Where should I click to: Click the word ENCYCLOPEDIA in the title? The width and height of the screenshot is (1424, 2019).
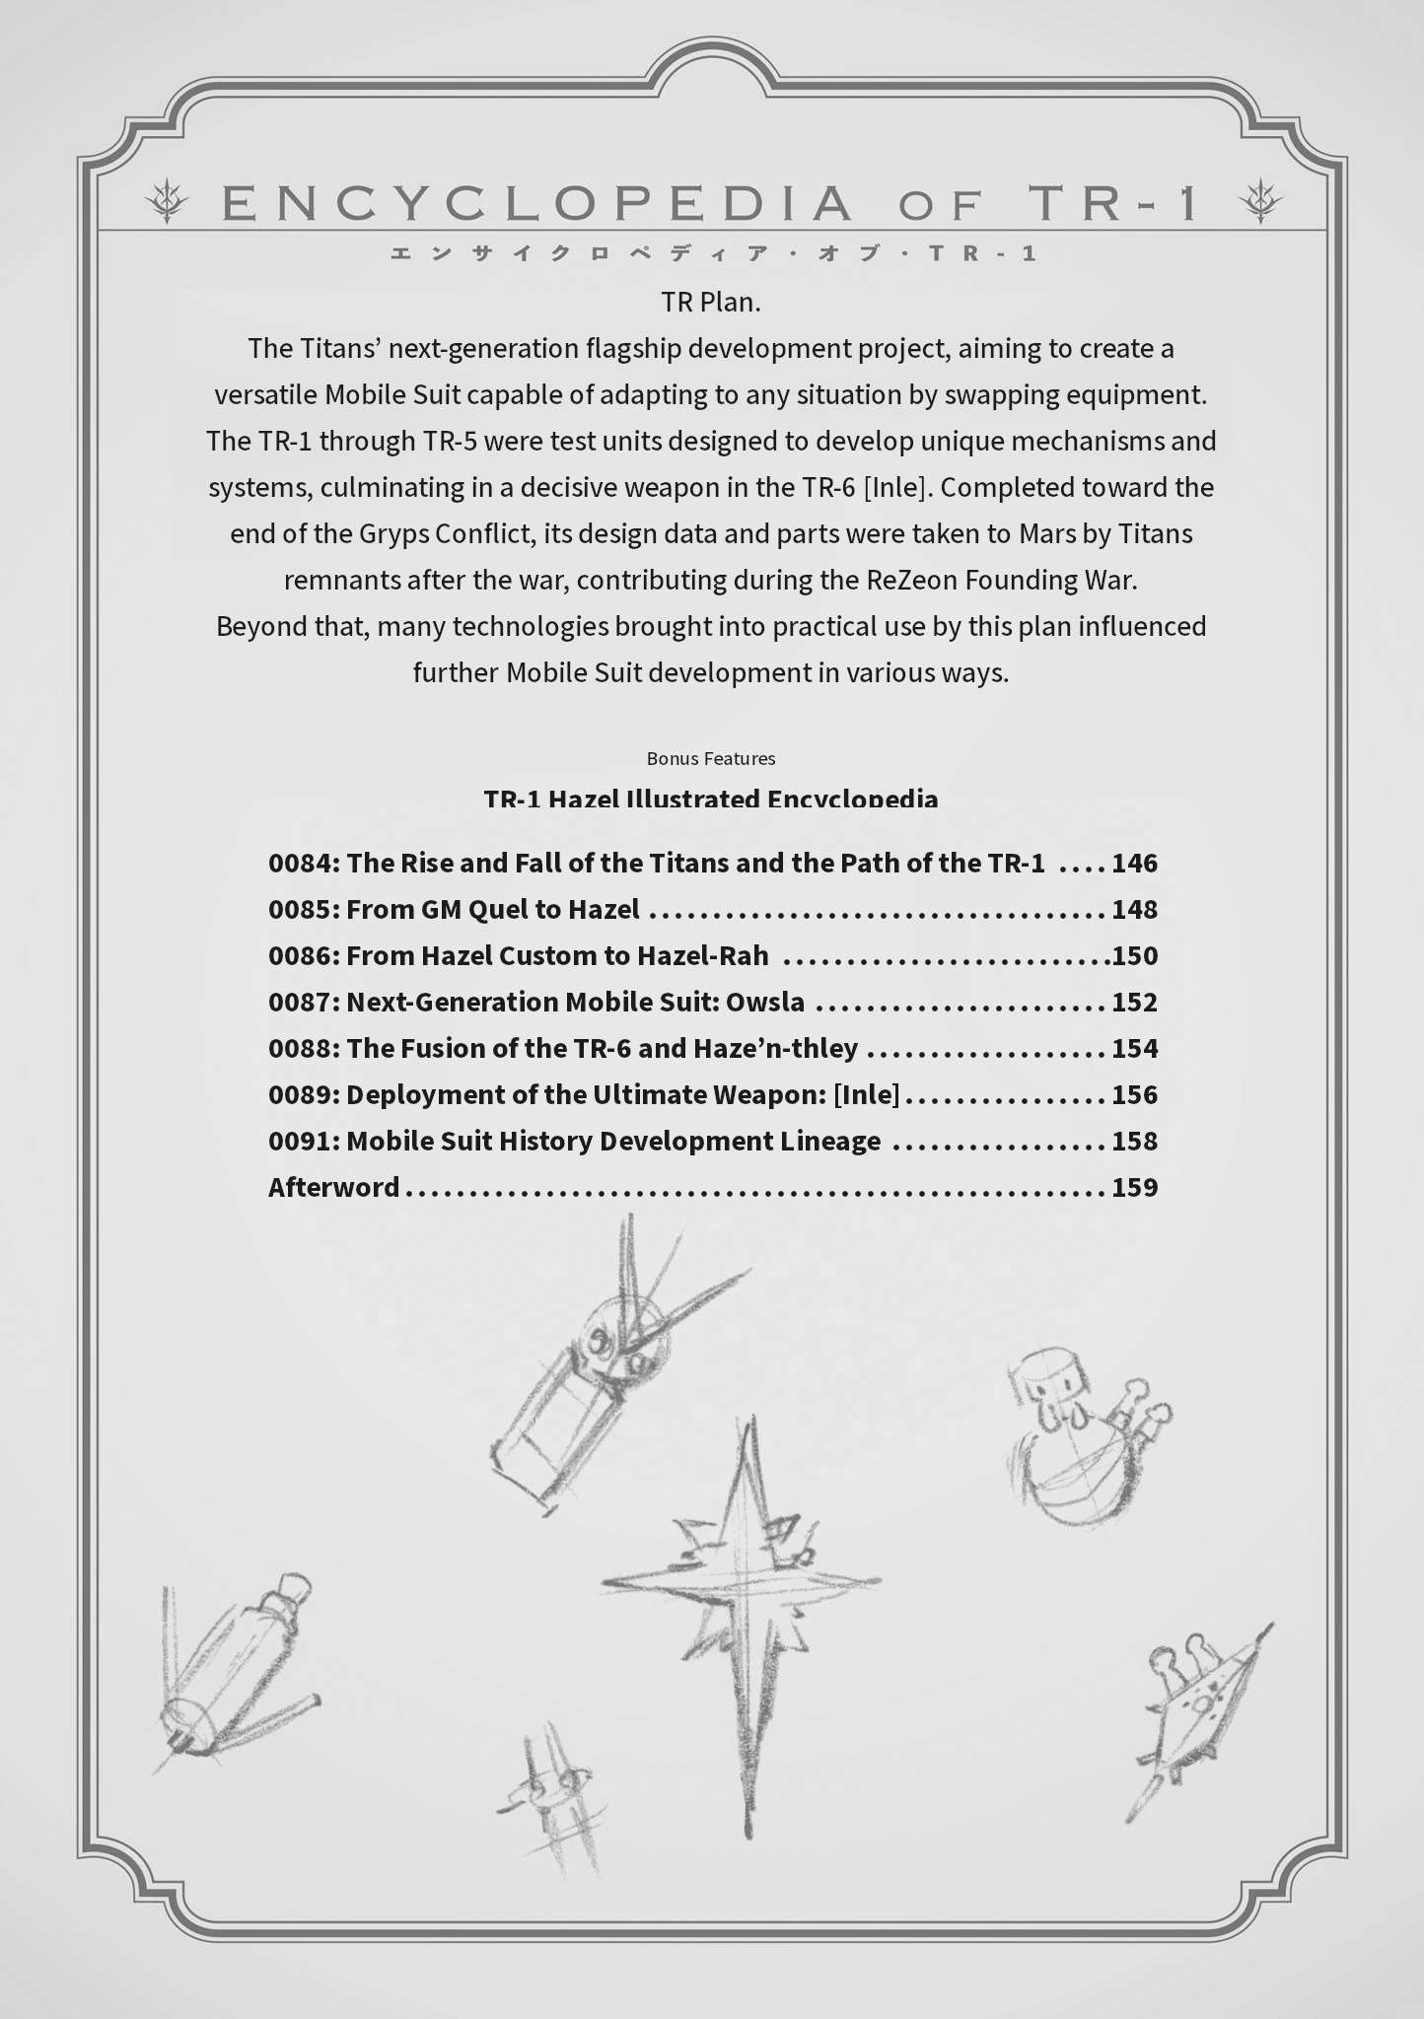(537, 203)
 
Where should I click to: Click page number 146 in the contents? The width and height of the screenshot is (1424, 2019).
(1134, 864)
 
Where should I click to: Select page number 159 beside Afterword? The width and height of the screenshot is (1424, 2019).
(1134, 1187)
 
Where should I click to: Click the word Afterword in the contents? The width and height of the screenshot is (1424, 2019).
(333, 1187)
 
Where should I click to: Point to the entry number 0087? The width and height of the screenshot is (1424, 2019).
(303, 1003)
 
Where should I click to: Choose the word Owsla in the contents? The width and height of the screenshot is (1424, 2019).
(765, 1003)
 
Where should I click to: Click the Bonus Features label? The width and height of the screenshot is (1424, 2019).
(711, 758)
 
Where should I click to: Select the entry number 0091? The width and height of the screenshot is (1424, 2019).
(303, 1142)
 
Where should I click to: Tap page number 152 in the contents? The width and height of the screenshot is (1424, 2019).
(1134, 1003)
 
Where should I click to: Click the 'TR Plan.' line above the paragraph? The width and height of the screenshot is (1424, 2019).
(711, 302)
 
